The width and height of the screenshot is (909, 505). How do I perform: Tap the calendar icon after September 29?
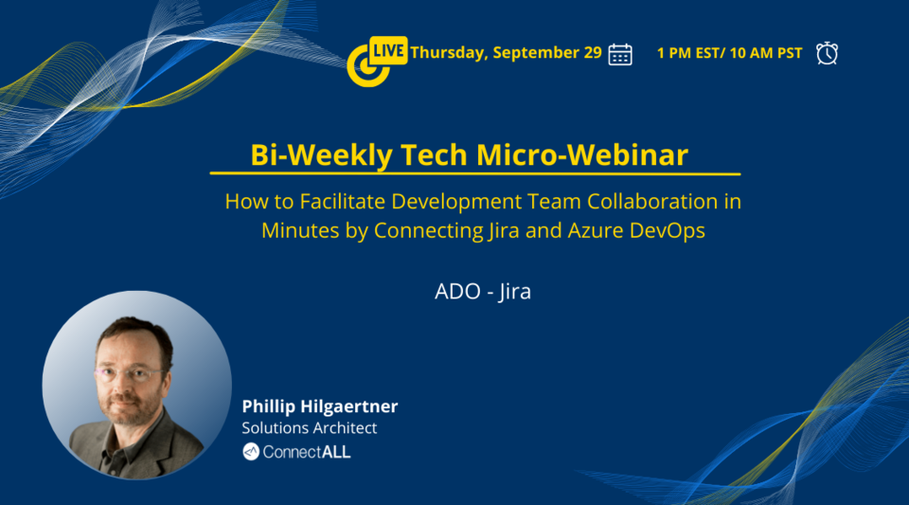tap(620, 54)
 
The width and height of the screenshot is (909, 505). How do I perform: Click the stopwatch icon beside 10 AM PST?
tap(827, 53)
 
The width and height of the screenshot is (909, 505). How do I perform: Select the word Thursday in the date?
tap(448, 53)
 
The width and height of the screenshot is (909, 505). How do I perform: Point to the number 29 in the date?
tap(591, 53)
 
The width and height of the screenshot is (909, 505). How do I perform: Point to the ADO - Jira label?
tap(483, 291)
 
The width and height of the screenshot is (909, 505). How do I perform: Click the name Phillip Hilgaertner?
tap(320, 406)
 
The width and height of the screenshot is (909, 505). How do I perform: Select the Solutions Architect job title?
tap(310, 428)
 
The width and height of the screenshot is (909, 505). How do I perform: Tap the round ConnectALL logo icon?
tap(251, 452)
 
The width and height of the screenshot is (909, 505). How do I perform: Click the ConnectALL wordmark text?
tap(307, 452)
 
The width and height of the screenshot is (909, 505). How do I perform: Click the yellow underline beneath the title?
tap(474, 174)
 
